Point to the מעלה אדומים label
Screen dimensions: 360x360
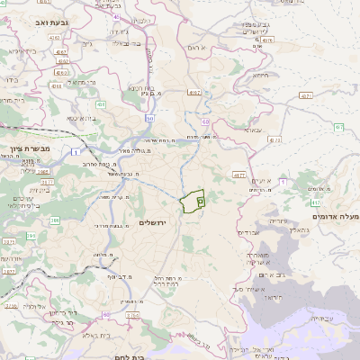click(334, 216)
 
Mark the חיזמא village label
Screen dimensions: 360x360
click(260, 76)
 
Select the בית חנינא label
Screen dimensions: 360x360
click(144, 88)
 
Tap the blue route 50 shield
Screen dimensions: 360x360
click(149, 118)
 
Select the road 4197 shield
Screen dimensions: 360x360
click(193, 92)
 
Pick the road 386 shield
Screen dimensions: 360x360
click(55, 220)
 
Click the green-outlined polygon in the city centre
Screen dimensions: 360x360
click(192, 202)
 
